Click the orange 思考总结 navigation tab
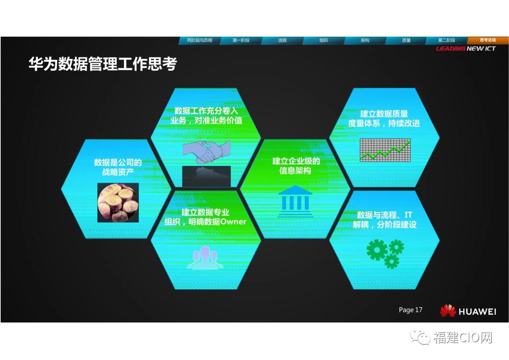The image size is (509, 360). tap(488, 40)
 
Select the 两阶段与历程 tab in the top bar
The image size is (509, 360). tap(200, 41)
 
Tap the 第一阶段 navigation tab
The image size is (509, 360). tap(241, 41)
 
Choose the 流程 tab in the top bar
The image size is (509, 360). tap(282, 41)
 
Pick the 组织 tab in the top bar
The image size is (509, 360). tap(324, 41)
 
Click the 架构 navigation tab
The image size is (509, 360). tap(365, 41)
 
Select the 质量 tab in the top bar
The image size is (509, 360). tap(406, 41)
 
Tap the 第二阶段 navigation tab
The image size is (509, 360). tap(447, 41)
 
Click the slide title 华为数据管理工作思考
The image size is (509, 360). tap(103, 64)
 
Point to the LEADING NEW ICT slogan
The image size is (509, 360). tap(466, 49)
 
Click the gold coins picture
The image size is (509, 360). tap(118, 202)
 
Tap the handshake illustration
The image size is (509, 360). tap(206, 152)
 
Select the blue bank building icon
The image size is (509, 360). tap(295, 201)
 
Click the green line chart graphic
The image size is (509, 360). tap(385, 150)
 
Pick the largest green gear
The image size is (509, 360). tap(377, 250)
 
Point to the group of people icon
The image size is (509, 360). tap(205, 258)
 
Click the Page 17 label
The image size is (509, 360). tap(410, 310)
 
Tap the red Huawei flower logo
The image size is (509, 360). tap(448, 310)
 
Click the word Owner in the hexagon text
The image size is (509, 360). tap(233, 222)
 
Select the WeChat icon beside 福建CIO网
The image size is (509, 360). tap(420, 337)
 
